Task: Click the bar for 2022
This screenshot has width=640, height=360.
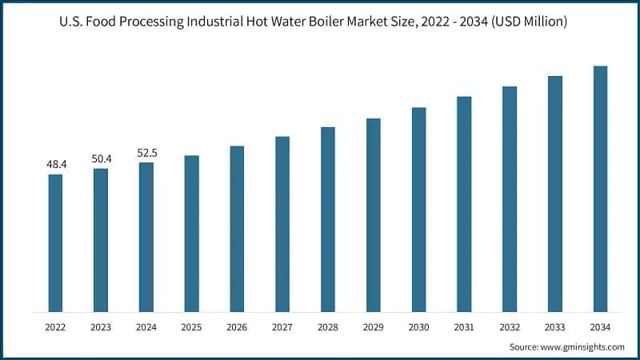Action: click(55, 243)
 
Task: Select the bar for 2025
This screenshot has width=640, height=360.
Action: click(191, 234)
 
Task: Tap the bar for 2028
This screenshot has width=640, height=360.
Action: click(328, 219)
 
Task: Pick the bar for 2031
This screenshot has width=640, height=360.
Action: click(464, 204)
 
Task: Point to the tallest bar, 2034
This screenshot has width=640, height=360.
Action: click(600, 189)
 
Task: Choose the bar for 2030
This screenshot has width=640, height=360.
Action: click(418, 210)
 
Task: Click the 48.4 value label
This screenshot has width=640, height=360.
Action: click(56, 164)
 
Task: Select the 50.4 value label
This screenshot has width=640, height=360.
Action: click(102, 158)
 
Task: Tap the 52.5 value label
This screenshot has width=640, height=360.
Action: click(146, 153)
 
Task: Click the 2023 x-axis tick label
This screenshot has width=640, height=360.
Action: click(101, 327)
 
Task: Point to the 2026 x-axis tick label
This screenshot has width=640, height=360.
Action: click(237, 327)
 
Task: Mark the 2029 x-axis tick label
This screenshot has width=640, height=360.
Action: click(373, 327)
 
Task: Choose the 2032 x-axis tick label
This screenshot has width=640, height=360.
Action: click(510, 327)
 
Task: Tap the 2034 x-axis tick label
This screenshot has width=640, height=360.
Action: click(600, 327)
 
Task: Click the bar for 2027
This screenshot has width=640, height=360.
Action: click(282, 224)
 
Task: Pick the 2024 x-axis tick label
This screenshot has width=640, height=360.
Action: click(146, 327)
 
